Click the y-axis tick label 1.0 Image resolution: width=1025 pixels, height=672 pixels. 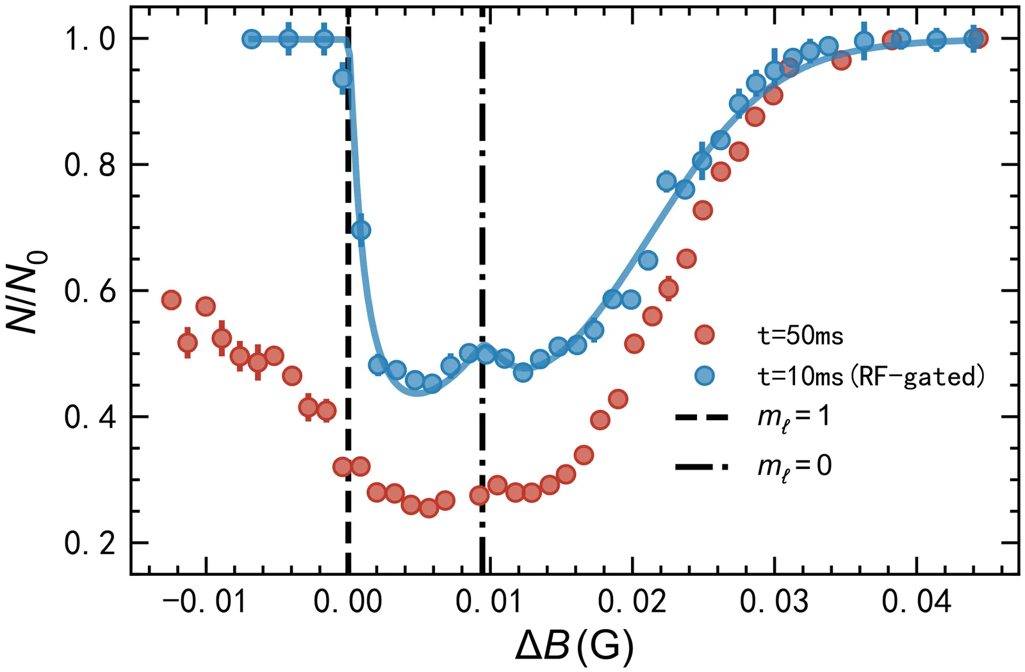coord(90,39)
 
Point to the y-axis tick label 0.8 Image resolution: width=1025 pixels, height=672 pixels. coord(90,165)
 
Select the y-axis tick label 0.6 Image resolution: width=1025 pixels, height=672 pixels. coord(90,291)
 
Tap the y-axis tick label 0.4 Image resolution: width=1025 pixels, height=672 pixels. coord(90,418)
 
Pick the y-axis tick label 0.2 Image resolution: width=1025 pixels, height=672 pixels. coord(90,544)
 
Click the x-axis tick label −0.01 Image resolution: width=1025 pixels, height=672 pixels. coord(204,603)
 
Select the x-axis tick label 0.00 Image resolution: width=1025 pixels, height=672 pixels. coord(348,603)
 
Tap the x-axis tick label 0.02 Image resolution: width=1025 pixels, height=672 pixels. coord(632,603)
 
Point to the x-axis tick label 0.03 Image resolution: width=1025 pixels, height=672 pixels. coord(775,603)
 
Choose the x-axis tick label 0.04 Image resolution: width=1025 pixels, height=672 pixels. coord(917,603)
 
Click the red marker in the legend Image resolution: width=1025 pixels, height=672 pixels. coord(705,334)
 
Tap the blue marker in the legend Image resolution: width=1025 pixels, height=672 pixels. coord(705,376)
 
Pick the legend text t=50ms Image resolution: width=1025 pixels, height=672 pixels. coord(801,335)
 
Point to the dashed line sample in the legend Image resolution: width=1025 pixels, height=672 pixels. coord(702,418)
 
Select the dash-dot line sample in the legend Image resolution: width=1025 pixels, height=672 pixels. coord(702,466)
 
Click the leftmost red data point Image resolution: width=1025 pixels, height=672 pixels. coord(171,300)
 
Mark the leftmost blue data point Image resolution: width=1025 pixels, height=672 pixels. coord(252,39)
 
